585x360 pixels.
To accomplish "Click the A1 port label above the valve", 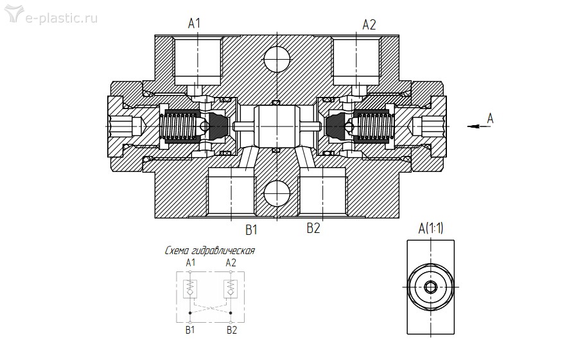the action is tap(194, 24).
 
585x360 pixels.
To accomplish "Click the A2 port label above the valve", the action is tap(369, 24).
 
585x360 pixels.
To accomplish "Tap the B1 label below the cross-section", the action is tap(252, 230).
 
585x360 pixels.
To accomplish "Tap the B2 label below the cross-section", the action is tap(313, 228).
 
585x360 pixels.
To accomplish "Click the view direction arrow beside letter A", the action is tap(479, 126).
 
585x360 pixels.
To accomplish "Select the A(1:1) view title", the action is tap(431, 228).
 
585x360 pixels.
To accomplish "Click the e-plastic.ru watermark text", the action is tap(61, 18).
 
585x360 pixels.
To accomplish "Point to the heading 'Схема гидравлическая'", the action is tap(210, 250).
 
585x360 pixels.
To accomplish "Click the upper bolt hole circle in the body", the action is tap(277, 59).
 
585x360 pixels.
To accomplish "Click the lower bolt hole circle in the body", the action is tap(277, 193).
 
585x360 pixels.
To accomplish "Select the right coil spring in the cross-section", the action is tap(374, 126).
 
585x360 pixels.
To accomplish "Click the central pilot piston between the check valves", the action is tap(277, 126).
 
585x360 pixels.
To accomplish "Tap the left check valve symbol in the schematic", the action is tap(190, 288).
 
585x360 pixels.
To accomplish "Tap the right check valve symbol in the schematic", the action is tap(231, 288).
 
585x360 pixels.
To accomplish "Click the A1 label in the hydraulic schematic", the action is tap(191, 262).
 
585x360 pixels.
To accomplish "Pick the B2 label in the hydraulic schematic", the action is tap(232, 330).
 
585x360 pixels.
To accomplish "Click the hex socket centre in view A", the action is tap(430, 287).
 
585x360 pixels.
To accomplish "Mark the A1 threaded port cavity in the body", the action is tap(198, 62).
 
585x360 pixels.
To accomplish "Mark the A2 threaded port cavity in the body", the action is tap(356, 62).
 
